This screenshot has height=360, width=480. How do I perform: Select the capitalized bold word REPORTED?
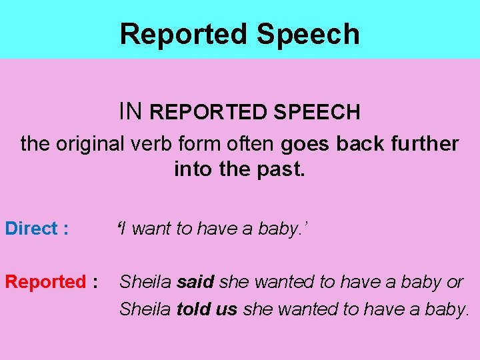[x=209, y=112]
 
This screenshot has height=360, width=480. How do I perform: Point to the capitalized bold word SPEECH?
[x=316, y=112]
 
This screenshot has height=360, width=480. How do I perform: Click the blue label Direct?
[x=31, y=229]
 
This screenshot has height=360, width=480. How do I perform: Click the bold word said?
[x=195, y=282]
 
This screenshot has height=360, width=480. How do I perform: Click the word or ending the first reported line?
[x=455, y=282]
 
